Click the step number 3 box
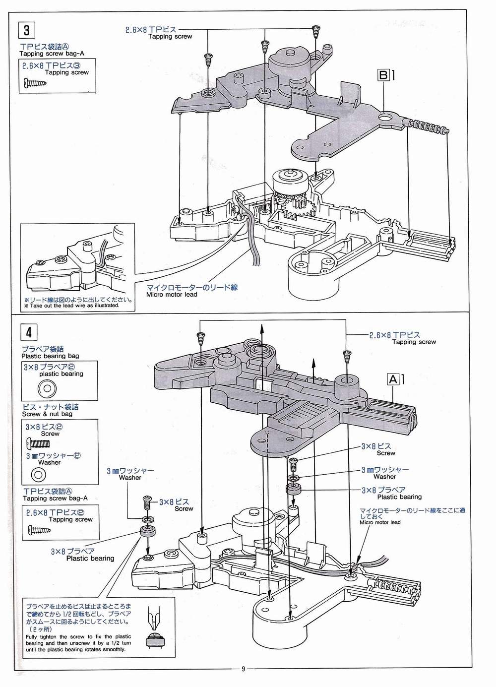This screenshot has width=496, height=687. (x=26, y=30)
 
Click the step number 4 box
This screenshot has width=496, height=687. (x=29, y=331)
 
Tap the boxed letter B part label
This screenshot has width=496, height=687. (x=383, y=75)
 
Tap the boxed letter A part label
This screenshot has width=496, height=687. (x=393, y=380)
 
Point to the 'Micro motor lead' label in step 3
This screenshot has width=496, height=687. (x=172, y=294)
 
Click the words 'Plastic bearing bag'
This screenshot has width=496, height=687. (x=50, y=356)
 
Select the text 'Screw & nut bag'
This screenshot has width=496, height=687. (x=47, y=414)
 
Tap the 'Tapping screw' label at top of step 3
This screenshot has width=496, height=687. (x=170, y=37)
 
